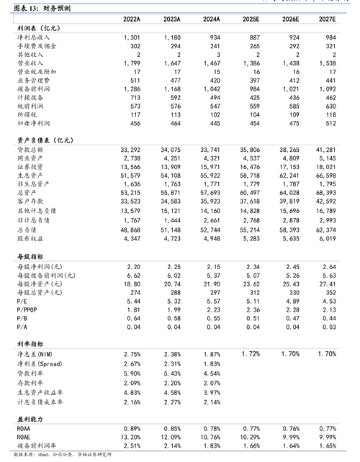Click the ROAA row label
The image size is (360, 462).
[x=22, y=428]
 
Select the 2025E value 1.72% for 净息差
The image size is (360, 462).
[x=250, y=355]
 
